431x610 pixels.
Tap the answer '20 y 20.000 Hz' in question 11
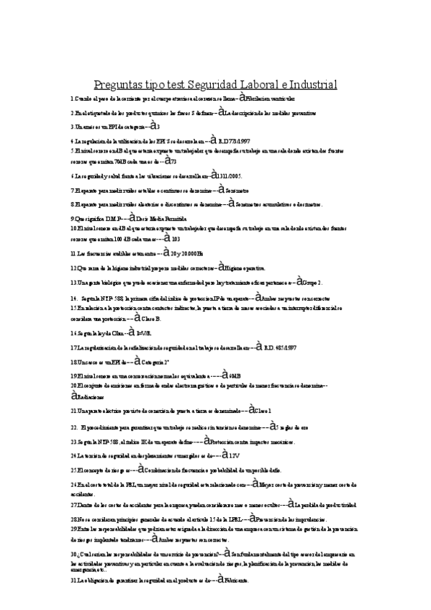[181, 253]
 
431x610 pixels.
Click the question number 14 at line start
[74, 297]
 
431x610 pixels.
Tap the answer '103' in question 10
[176, 237]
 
